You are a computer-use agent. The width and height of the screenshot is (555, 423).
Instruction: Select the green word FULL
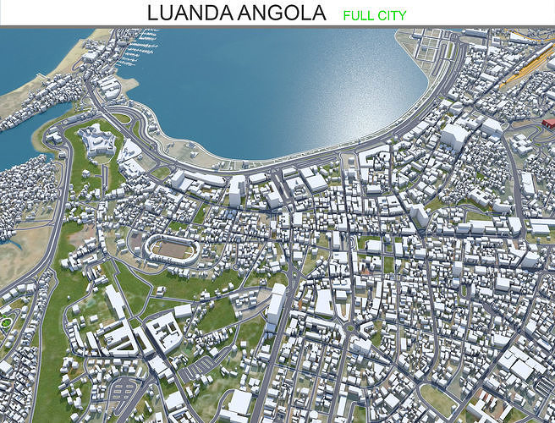point(358,15)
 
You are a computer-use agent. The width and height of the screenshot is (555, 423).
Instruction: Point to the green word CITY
point(392,15)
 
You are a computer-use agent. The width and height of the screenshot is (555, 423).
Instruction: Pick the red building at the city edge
point(548,123)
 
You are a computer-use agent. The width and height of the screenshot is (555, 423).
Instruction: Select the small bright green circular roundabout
point(7,321)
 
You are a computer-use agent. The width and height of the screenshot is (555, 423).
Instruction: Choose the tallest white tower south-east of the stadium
point(276,305)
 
